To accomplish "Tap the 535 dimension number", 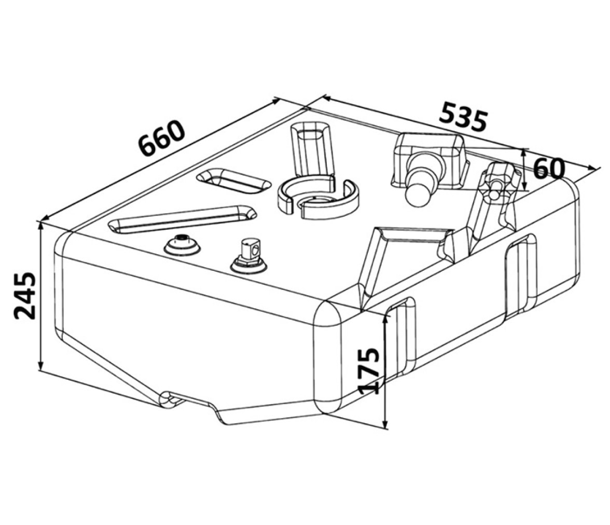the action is coord(463,116).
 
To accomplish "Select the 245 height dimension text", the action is coord(24,296).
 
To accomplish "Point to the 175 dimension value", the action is coord(368,370).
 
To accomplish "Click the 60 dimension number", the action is coord(549,169).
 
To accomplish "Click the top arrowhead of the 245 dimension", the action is coord(40,224).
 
